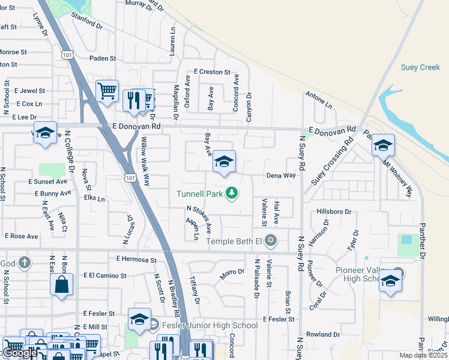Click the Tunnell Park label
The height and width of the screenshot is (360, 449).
(x=199, y=193)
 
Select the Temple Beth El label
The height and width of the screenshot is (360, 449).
(x=235, y=241)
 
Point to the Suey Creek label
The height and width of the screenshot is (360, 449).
(x=420, y=67)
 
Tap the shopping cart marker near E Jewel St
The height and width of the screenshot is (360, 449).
(x=107, y=92)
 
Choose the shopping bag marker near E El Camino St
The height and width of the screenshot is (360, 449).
(x=62, y=285)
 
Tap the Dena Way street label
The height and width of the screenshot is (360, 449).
(x=282, y=176)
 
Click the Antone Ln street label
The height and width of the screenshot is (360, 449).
(x=319, y=100)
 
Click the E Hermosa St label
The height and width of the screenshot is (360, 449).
(x=136, y=260)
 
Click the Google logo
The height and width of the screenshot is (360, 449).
(x=20, y=353)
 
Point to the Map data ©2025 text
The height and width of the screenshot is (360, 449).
(x=424, y=355)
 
